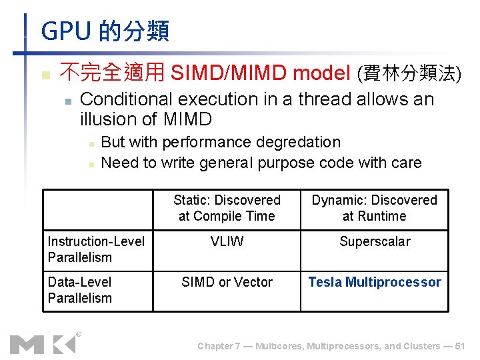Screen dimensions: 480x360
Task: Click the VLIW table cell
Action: pos(227,241)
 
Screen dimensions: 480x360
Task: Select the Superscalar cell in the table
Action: pos(375,241)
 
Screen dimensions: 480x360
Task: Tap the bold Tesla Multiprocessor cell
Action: pos(375,282)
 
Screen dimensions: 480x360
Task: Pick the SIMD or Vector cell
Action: pos(227,282)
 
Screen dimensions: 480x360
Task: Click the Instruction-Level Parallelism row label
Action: pos(96,249)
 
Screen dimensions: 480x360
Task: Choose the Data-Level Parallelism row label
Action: pos(80,290)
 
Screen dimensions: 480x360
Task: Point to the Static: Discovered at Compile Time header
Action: pos(227,208)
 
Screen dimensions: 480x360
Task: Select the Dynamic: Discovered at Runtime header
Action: pos(375,208)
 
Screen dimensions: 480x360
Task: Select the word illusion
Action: pos(105,120)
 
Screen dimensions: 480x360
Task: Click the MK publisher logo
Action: pos(43,343)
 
